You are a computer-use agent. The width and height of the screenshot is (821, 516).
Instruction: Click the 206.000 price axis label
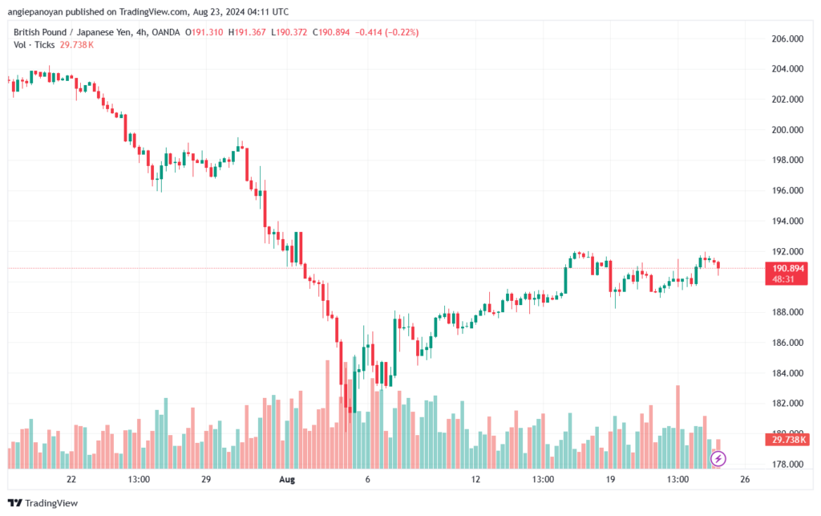(x=787, y=39)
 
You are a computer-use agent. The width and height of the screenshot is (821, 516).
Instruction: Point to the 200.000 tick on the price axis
(x=787, y=130)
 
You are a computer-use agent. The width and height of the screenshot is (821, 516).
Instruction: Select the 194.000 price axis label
(x=787, y=221)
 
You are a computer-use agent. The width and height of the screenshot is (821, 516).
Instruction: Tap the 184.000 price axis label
(x=787, y=373)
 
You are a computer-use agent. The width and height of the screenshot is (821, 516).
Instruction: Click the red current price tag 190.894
(x=786, y=268)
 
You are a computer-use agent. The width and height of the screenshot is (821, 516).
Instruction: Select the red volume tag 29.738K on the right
(x=786, y=440)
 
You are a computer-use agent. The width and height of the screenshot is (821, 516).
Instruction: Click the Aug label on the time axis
(x=287, y=479)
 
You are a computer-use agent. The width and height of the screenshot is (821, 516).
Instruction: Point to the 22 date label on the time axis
(x=71, y=479)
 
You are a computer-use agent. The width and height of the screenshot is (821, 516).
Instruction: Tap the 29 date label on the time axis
(x=206, y=479)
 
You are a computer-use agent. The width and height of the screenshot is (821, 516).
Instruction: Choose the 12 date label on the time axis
(x=475, y=479)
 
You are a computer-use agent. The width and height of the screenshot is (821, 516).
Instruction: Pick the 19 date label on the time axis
(x=610, y=479)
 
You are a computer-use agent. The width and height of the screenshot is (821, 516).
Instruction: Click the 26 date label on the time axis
(x=745, y=479)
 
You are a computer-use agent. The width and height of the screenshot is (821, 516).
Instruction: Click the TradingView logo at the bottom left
(x=43, y=503)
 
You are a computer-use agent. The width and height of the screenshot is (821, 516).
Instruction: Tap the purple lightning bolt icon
(x=718, y=459)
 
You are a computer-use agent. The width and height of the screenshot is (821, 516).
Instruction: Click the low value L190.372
(x=289, y=32)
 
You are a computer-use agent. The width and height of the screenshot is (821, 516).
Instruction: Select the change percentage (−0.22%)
(x=402, y=32)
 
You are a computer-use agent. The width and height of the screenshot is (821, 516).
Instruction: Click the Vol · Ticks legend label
(x=34, y=45)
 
